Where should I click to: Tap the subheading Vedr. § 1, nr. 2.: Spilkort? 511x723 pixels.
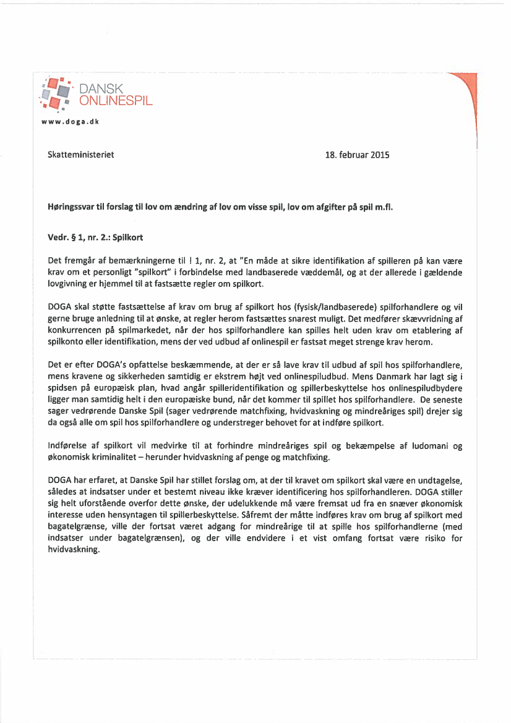click(96, 237)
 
